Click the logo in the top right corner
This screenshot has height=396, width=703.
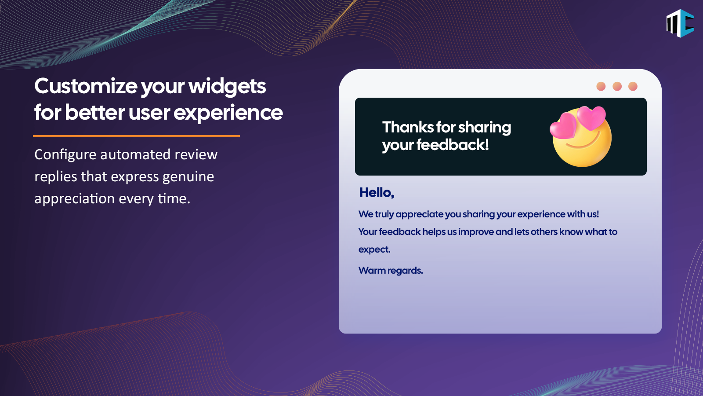(680, 23)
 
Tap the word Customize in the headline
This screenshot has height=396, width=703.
(86, 86)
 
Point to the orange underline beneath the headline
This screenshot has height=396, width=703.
(136, 136)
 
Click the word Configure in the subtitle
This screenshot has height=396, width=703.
(65, 155)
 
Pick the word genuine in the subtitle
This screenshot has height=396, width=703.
(188, 177)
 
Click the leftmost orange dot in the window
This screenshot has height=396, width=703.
(601, 86)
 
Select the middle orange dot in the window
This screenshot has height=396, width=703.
(617, 86)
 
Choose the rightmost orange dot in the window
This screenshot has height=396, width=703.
(633, 86)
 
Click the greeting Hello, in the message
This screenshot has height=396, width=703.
(377, 192)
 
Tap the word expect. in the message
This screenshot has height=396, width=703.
(374, 249)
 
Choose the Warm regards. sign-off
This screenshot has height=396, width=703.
(391, 271)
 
